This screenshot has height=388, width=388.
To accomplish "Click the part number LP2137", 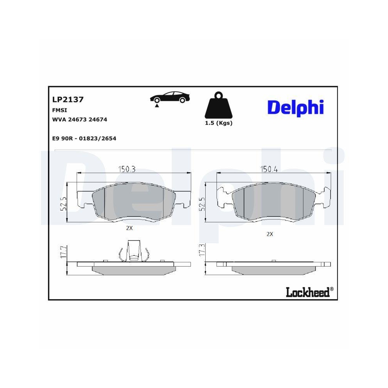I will [x=68, y=99].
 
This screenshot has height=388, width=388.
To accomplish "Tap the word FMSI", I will [x=59, y=110].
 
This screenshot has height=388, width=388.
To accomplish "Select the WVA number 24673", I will [x=77, y=120].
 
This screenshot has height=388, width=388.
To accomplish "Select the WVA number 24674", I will [x=98, y=120].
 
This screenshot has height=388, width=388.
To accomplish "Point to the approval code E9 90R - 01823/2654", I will [x=84, y=138].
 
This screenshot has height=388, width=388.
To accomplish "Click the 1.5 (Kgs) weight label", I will [x=218, y=123].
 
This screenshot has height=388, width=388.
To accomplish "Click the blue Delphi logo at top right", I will [x=295, y=107].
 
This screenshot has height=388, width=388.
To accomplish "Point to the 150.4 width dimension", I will [x=268, y=169].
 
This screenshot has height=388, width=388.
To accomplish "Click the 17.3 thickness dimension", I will [x=201, y=249].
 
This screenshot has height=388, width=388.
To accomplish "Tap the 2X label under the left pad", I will [x=129, y=228].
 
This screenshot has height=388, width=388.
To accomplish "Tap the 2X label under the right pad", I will [x=270, y=234].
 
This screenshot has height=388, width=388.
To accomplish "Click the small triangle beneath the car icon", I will [x=156, y=105].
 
